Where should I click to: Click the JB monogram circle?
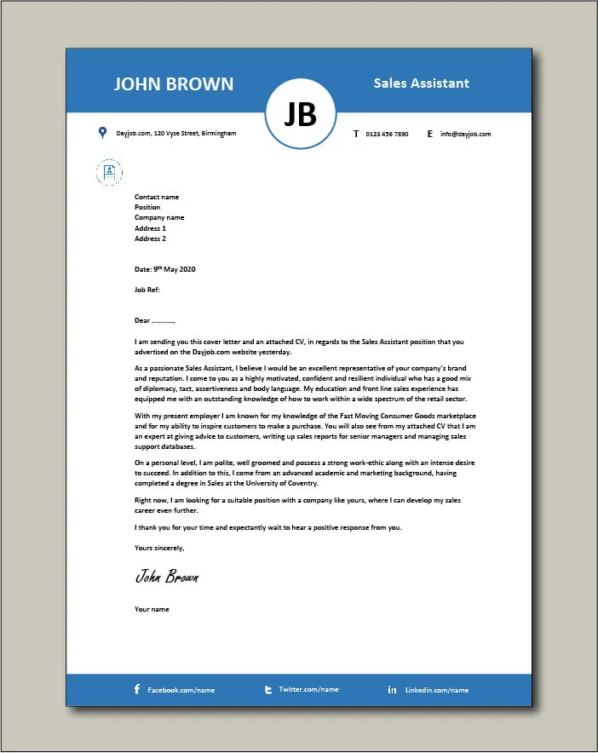pyautogui.click(x=300, y=115)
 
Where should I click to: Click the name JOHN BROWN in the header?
pyautogui.click(x=174, y=83)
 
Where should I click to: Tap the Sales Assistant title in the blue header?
pyautogui.click(x=421, y=83)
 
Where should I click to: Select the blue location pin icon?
pyautogui.click(x=102, y=132)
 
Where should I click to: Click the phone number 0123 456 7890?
pyautogui.click(x=387, y=134)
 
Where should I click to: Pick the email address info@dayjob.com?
pyautogui.click(x=465, y=134)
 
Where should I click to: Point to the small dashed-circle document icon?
pyautogui.click(x=108, y=172)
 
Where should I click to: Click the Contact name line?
pyautogui.click(x=157, y=197)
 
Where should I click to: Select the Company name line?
pyautogui.click(x=159, y=217)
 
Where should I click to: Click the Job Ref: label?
pyautogui.click(x=147, y=290)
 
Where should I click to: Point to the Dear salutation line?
pyautogui.click(x=154, y=321)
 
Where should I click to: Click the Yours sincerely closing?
pyautogui.click(x=159, y=548)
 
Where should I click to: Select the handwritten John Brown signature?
pyautogui.click(x=167, y=577)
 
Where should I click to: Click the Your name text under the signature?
pyautogui.click(x=152, y=609)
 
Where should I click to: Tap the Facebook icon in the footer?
pyautogui.click(x=137, y=689)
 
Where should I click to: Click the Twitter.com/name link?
pyautogui.click(x=308, y=689)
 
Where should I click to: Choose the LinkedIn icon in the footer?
pyautogui.click(x=392, y=689)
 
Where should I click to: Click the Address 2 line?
pyautogui.click(x=150, y=239)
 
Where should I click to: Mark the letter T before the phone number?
pyautogui.click(x=355, y=134)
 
